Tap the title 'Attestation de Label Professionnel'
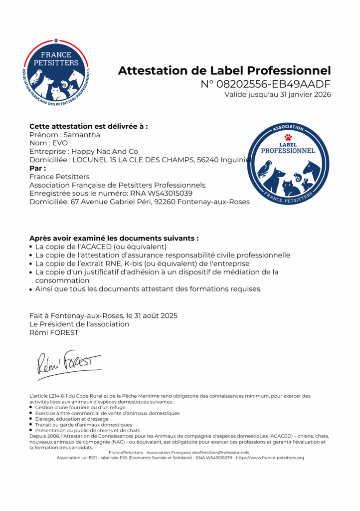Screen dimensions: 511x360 pyautogui.click(x=224, y=70)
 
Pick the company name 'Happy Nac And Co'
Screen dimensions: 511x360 pyautogui.click(x=105, y=151)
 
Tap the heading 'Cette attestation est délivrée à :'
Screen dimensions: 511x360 pyautogui.click(x=88, y=126)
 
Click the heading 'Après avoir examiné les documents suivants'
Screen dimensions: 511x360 pyautogui.click(x=114, y=238)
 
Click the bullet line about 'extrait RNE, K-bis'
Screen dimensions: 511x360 pyautogui.click(x=142, y=263)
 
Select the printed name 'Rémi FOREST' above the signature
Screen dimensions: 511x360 pyautogui.click(x=54, y=333)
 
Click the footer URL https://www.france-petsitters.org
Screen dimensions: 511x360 pyautogui.click(x=270, y=458)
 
